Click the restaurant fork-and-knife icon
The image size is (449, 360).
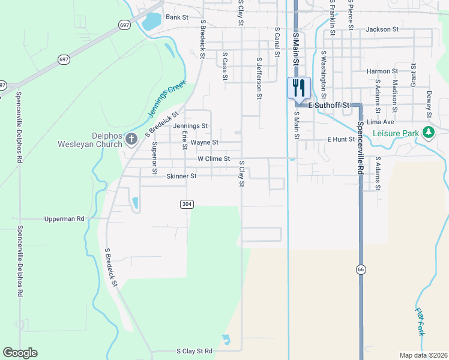pos(298,88)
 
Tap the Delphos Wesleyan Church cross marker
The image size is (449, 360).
pos(131,140)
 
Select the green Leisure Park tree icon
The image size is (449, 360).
pos(428,133)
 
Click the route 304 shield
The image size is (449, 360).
pos(187,204)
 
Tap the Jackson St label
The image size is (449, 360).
pos(382,29)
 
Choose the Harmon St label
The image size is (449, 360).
pos(382,71)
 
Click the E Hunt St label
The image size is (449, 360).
pos(341,139)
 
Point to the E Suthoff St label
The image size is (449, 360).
pos(328,105)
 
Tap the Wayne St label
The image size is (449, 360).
pos(204,143)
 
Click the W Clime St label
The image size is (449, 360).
pos(214,159)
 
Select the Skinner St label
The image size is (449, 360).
pos(181,176)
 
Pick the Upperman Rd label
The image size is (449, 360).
pos(64,219)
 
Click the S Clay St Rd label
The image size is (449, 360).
pos(194,350)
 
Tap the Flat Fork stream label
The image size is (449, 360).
pos(420,322)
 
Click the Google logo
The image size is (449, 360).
pos(20,353)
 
